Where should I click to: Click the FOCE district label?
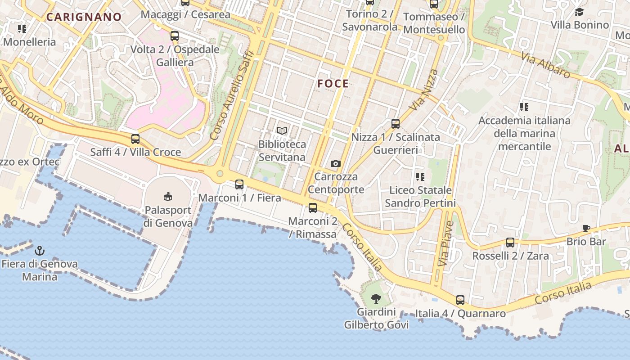point(333,84)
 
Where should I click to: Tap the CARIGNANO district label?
point(84,17)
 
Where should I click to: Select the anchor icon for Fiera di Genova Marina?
point(40,250)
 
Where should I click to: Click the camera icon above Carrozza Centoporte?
point(335,163)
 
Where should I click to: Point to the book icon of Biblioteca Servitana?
point(282,131)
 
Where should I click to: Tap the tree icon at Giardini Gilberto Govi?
point(376,298)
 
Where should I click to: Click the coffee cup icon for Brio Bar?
point(586,228)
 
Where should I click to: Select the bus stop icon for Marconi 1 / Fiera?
point(239,184)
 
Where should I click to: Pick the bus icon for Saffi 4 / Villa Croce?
point(135,139)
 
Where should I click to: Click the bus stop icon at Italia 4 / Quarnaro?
point(460,300)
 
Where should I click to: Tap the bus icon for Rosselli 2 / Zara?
point(510,243)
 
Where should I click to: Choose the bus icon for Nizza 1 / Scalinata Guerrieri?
point(396,123)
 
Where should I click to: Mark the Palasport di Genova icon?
point(168,196)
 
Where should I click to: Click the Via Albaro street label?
point(546,66)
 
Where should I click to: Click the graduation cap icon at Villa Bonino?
point(580,12)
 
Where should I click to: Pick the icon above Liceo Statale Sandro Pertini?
point(420,176)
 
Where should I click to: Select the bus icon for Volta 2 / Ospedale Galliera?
point(175,36)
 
